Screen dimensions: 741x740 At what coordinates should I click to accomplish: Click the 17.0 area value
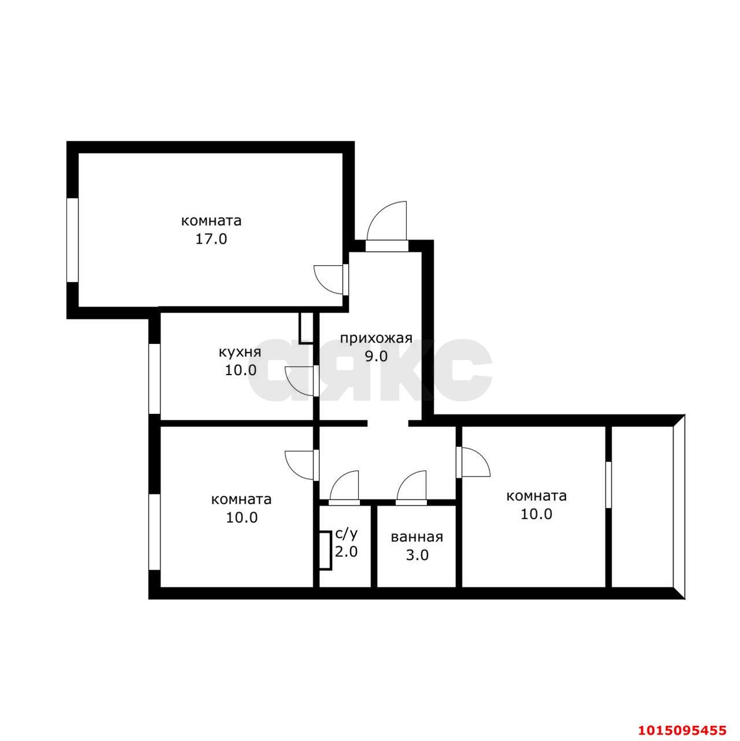(211, 239)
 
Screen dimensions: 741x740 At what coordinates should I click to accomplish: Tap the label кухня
(240, 351)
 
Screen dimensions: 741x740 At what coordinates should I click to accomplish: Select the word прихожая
(375, 338)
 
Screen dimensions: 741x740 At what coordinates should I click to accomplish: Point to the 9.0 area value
(375, 356)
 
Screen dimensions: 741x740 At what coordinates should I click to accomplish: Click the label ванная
(417, 537)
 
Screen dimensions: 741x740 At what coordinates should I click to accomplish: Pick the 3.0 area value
(417, 555)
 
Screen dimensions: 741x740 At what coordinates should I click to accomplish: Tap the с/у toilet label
(347, 534)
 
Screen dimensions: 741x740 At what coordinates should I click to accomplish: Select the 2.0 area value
(346, 552)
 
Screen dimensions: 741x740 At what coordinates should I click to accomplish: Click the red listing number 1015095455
(680, 724)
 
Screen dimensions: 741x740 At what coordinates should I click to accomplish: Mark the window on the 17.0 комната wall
(72, 240)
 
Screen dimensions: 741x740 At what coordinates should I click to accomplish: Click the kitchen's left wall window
(154, 379)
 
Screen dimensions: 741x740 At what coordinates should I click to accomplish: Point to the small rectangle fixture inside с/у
(326, 551)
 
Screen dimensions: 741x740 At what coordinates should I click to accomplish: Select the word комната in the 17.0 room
(211, 221)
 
